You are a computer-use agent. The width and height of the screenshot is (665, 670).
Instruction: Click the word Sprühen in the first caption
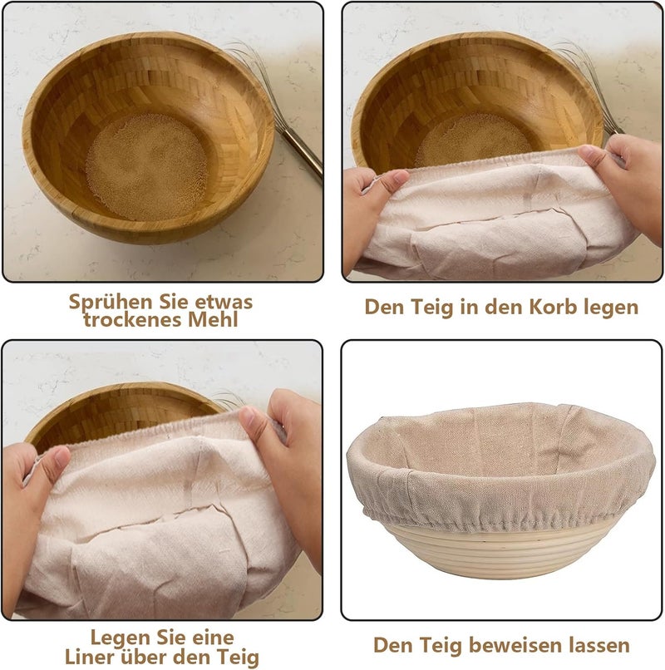(111, 303)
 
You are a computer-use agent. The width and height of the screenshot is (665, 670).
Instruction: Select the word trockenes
(133, 319)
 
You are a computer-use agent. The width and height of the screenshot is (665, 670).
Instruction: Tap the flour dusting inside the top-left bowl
(147, 166)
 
